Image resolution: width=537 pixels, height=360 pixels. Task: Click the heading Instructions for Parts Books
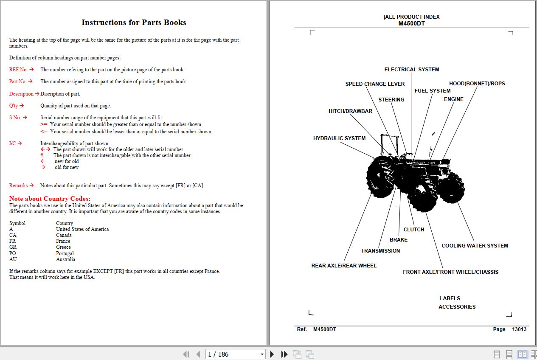pyautogui.click(x=134, y=22)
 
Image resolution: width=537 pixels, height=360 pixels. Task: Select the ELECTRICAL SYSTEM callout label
pyautogui.click(x=411, y=70)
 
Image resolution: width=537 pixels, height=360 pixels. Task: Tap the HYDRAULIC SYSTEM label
pyautogui.click(x=339, y=138)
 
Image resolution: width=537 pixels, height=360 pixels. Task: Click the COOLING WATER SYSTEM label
pyautogui.click(x=475, y=246)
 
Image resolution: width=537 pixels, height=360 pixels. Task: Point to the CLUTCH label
pyautogui.click(x=413, y=230)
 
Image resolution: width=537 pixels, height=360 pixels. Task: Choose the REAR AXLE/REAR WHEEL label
pyautogui.click(x=344, y=266)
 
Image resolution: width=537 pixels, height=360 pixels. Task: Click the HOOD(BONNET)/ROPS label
pyautogui.click(x=477, y=84)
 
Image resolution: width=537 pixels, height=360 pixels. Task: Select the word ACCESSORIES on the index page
pyautogui.click(x=457, y=307)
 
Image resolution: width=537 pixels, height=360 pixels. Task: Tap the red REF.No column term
pyautogui.click(x=18, y=70)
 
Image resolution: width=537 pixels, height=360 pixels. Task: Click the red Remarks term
pyautogui.click(x=18, y=186)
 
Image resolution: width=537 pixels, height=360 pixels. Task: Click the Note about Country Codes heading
pyautogui.click(x=50, y=199)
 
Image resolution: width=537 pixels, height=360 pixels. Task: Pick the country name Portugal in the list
pyautogui.click(x=65, y=253)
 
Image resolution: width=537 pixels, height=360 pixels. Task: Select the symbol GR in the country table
pyautogui.click(x=13, y=247)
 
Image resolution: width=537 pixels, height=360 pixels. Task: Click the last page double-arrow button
pyautogui.click(x=284, y=354)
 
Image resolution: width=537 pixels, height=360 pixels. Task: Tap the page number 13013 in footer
pyautogui.click(x=519, y=329)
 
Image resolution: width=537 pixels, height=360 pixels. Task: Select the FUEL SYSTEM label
pyautogui.click(x=432, y=91)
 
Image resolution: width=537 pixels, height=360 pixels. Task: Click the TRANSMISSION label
pyautogui.click(x=380, y=251)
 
